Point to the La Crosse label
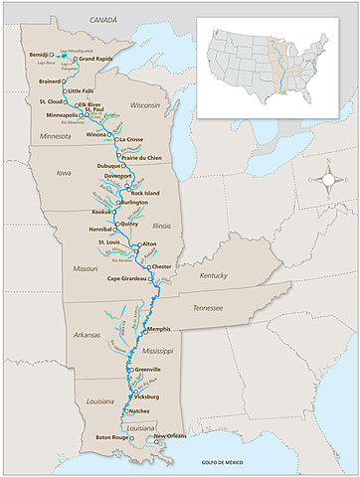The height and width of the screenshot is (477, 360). pos(132,139)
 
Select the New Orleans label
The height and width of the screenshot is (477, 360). pos(171,436)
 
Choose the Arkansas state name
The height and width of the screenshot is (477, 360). pos(88,335)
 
